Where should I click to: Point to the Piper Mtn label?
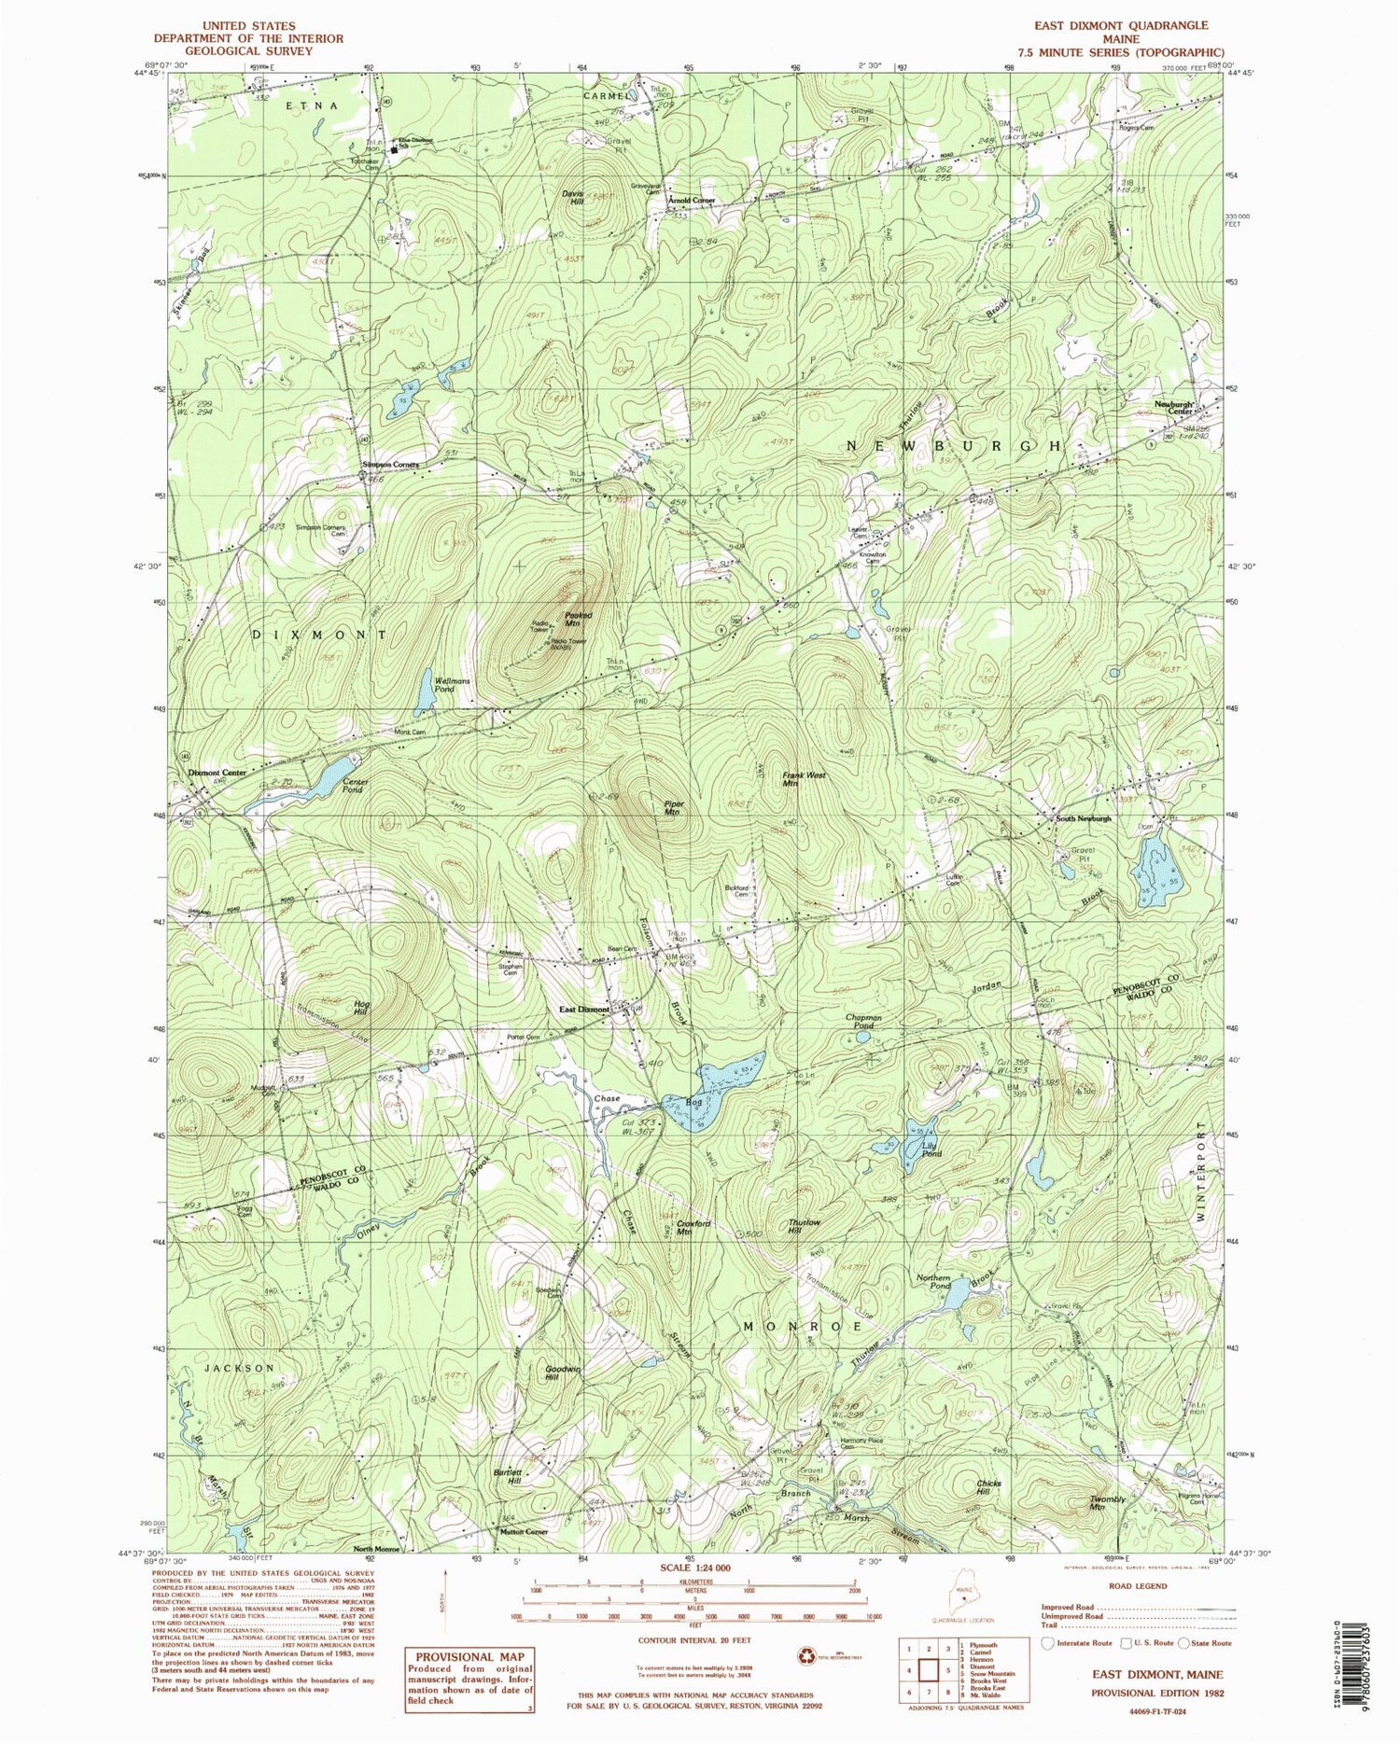click(x=674, y=808)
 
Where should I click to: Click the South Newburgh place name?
click(x=1084, y=818)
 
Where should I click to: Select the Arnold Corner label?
click(x=691, y=200)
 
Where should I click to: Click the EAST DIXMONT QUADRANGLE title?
click(x=1128, y=25)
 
